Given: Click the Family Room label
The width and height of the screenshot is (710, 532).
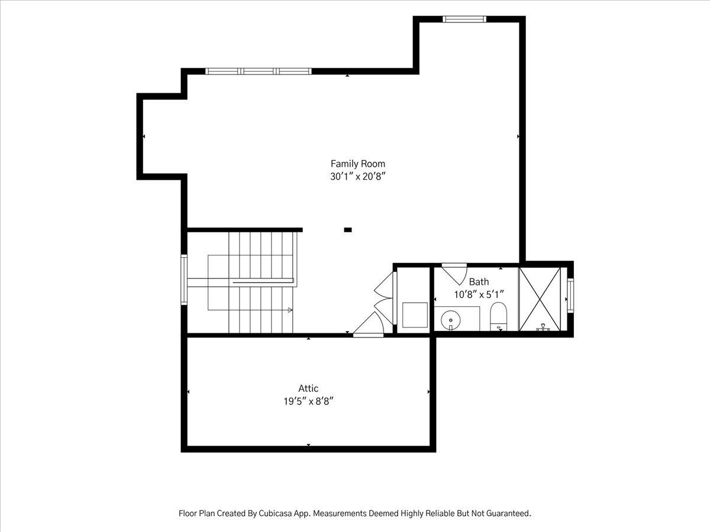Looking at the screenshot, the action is tap(358, 164).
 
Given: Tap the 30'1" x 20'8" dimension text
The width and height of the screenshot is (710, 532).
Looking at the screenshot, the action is tap(358, 177).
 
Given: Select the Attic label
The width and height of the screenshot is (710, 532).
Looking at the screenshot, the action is tap(308, 388).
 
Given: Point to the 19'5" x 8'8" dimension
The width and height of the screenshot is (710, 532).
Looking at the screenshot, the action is tap(309, 401).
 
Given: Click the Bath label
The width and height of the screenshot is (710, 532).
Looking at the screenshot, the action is tap(479, 282).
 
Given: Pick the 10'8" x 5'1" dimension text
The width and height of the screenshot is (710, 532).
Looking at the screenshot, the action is tap(479, 294).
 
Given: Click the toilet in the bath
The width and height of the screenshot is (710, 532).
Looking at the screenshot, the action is tap(498, 316).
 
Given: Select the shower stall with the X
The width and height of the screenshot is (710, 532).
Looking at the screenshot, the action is tap(540, 299).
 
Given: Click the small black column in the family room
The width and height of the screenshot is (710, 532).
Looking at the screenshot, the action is tap(348, 230).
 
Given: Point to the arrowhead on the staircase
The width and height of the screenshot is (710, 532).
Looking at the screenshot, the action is tap(290, 310).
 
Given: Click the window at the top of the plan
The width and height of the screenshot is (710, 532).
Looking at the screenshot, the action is tap(464, 20).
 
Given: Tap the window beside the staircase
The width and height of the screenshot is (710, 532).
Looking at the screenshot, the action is tap(184, 280).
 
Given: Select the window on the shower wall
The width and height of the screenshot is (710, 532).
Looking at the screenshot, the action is tap(570, 296).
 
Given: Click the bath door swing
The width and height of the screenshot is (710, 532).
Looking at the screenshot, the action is tap(454, 274).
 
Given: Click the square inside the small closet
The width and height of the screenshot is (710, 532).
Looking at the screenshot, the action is tap(415, 315).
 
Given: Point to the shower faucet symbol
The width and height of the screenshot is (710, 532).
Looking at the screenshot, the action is tap(543, 327).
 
